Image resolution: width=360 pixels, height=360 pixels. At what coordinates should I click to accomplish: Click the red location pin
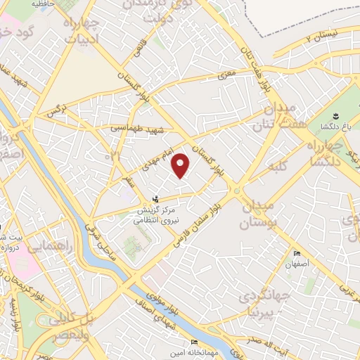click(x=181, y=165)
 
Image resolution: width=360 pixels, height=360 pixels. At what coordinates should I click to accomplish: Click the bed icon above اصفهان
click(x=297, y=254)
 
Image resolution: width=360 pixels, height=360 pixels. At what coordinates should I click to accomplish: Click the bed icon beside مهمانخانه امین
click(x=195, y=342)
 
